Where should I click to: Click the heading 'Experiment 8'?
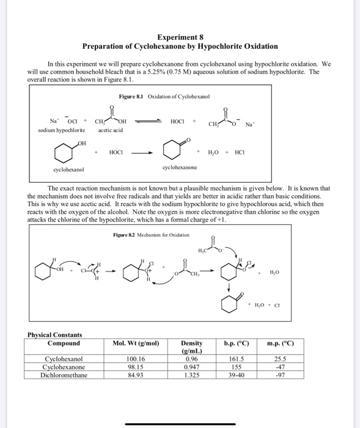(x=180, y=37)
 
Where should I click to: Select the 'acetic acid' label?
(x=110, y=130)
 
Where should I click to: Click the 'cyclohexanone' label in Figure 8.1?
(x=180, y=166)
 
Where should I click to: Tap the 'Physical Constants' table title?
(x=55, y=334)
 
